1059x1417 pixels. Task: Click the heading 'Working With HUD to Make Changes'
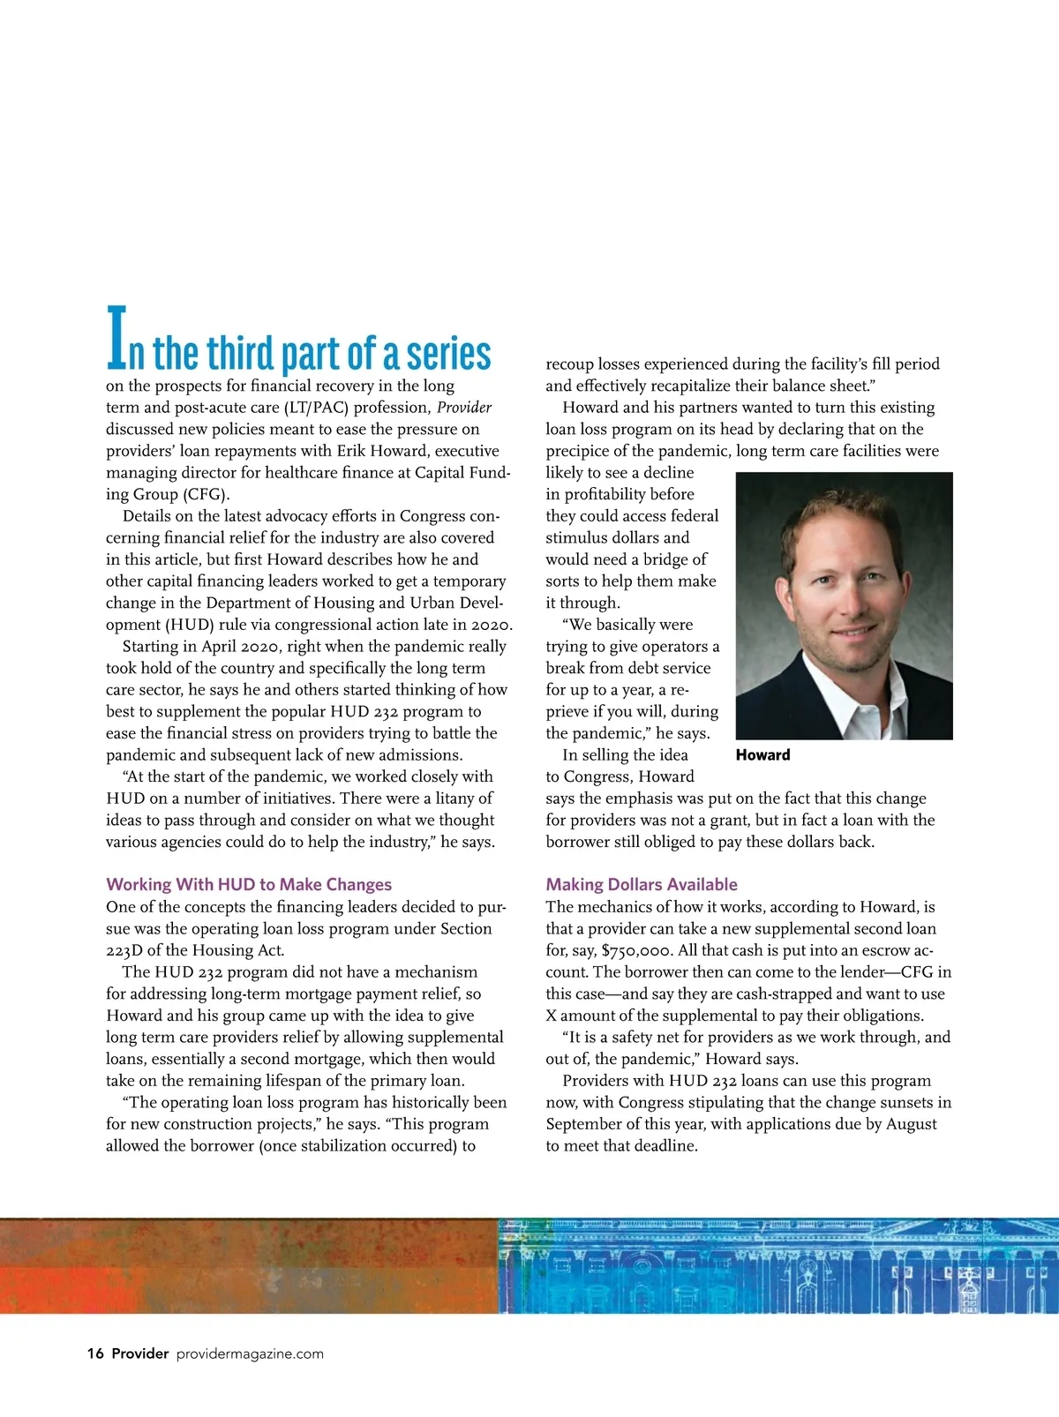coord(249,884)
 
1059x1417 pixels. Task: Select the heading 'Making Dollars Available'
coord(642,884)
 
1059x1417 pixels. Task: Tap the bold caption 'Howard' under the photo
coord(762,754)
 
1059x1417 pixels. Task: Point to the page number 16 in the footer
coord(95,1353)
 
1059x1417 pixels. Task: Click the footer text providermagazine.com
coord(250,1353)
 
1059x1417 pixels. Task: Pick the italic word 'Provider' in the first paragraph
coord(464,408)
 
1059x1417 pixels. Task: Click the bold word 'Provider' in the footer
coord(139,1353)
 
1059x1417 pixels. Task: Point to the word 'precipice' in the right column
coord(582,451)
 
